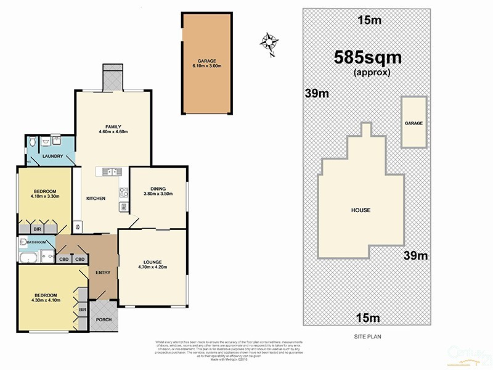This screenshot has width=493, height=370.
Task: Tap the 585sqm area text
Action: [367, 58]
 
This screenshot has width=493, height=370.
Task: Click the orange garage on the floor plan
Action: [206, 63]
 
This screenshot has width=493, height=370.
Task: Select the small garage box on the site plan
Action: [414, 122]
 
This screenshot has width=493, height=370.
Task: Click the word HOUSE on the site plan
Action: [361, 210]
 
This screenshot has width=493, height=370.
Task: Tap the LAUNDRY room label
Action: [52, 157]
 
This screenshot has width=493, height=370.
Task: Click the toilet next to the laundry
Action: [32, 143]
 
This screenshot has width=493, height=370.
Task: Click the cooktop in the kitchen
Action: [123, 192]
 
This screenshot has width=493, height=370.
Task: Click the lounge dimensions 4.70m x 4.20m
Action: [152, 267]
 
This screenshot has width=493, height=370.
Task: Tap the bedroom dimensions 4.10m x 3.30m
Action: [45, 196]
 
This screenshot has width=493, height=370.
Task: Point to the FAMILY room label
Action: [112, 126]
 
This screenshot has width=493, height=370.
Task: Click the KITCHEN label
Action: [96, 198]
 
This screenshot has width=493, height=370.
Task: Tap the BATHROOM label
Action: [36, 242]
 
